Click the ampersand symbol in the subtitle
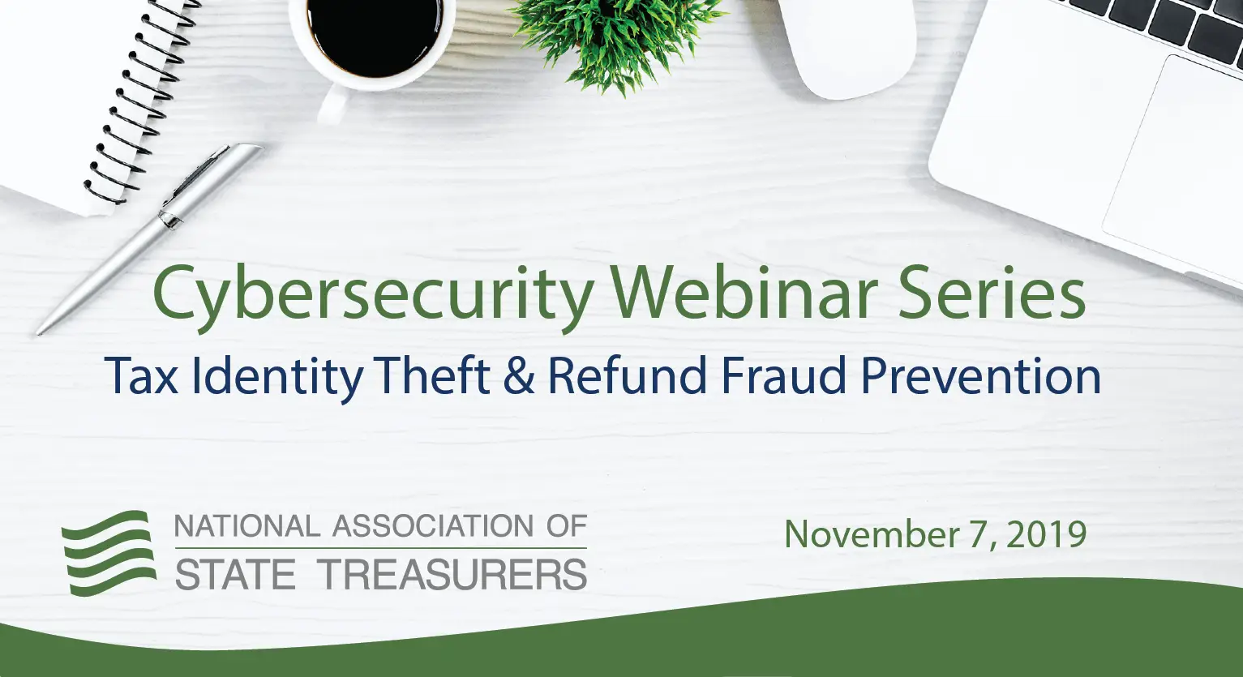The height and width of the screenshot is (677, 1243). coord(519,376)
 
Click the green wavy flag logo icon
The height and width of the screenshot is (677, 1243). coord(109,551)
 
